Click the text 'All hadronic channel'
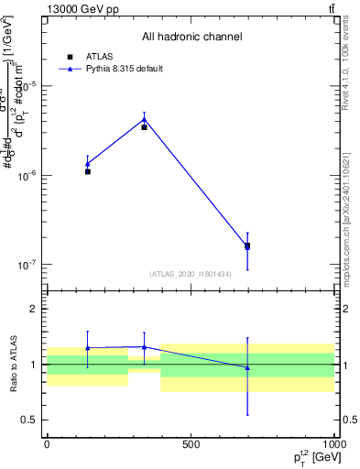click(191, 37)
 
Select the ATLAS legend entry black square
click(70, 57)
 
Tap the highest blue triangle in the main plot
click(144, 119)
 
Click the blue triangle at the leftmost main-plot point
click(88, 164)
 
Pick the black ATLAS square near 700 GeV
click(247, 245)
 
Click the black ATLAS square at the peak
click(144, 127)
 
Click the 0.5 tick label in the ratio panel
click(34, 420)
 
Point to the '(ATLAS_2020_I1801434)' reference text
click(191, 274)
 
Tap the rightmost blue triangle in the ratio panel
click(247, 367)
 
